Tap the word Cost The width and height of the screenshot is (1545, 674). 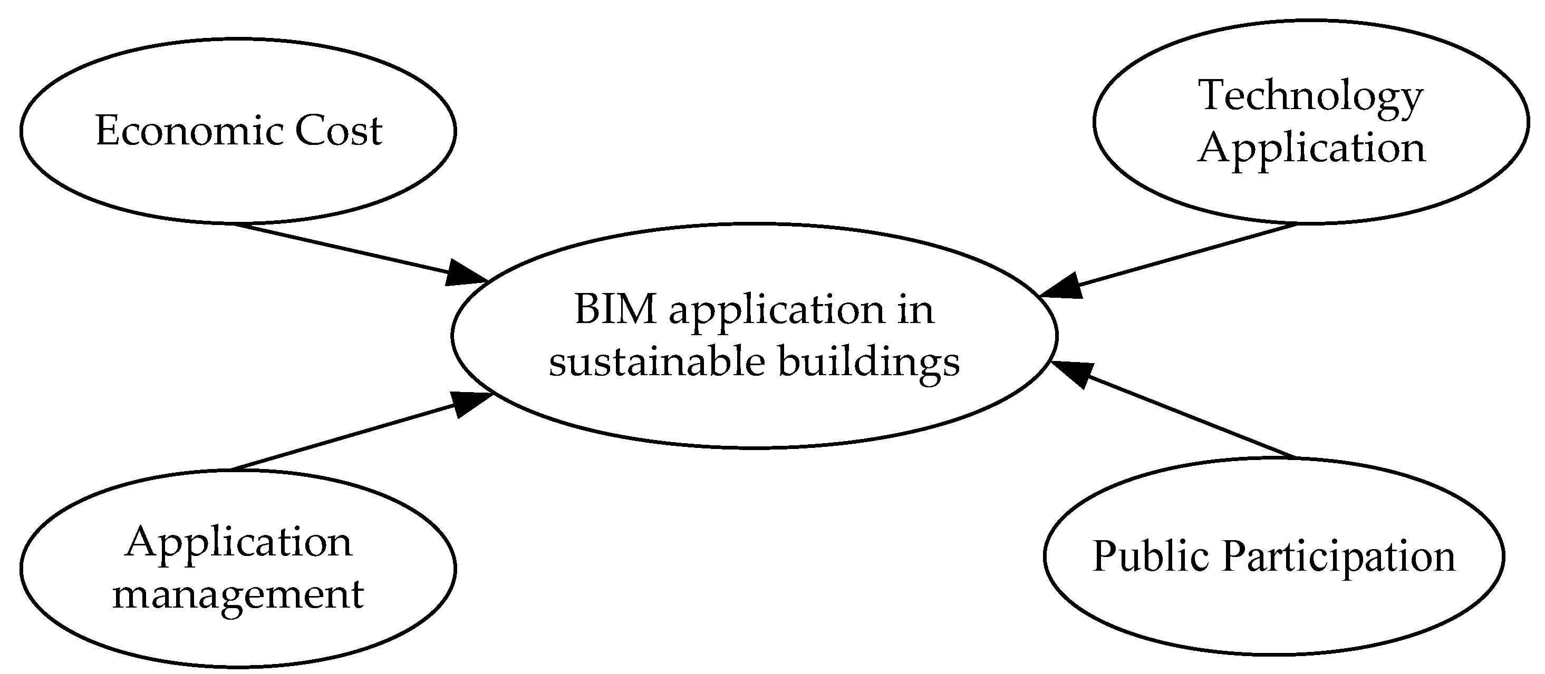339,131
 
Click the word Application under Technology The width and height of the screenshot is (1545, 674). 1311,148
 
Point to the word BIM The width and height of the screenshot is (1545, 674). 615,310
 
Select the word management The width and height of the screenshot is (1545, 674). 238,595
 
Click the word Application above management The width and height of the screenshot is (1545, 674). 238,543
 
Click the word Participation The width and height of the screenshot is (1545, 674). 1339,557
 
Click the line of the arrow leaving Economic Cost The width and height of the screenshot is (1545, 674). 342,248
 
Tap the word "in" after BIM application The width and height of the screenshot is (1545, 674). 916,310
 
